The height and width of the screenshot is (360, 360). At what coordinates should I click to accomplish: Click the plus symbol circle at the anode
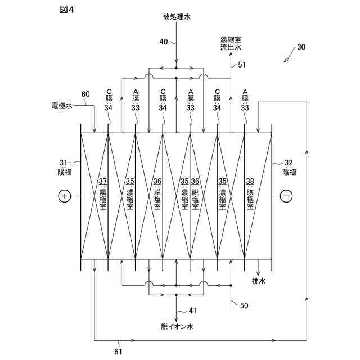[64, 196]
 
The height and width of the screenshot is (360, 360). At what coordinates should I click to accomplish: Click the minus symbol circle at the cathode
[286, 196]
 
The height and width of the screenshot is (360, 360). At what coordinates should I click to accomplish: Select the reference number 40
[164, 42]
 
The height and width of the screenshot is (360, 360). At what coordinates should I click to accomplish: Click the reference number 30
[301, 48]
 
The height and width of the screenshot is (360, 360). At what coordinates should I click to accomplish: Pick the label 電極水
[61, 105]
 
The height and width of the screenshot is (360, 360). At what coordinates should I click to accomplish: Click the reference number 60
[85, 94]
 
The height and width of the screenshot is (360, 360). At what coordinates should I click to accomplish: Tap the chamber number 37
[103, 181]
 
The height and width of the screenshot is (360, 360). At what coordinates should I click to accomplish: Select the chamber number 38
[250, 181]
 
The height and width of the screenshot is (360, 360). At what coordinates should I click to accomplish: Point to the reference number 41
[192, 310]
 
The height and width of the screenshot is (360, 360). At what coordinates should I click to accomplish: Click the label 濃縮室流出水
[231, 43]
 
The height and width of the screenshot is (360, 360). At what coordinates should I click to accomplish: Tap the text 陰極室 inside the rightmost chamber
[250, 200]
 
